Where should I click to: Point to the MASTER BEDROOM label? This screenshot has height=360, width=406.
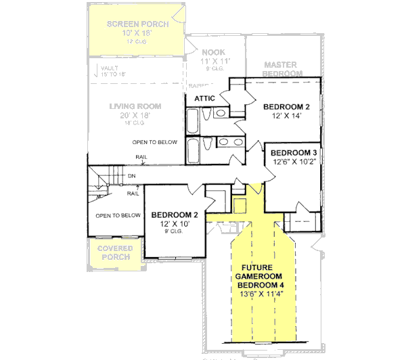282,68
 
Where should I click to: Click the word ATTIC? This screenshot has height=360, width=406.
205,99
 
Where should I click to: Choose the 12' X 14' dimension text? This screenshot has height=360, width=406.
286,116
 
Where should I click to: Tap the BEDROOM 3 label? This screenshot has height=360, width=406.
295,153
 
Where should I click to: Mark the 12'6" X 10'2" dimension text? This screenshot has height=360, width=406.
295,162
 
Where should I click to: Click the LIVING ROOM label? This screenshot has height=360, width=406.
135,106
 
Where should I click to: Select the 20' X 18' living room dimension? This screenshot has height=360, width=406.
135,116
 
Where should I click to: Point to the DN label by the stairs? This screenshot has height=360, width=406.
131,177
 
